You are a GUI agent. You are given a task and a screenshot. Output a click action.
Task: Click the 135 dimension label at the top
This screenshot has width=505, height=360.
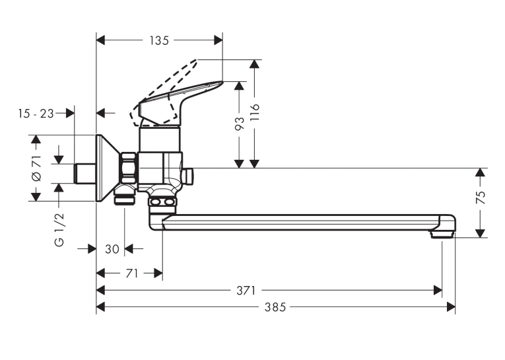159,40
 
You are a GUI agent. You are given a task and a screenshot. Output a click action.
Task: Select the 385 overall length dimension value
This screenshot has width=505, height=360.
275,307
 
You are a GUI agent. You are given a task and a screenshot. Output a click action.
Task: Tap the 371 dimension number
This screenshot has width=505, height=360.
246,291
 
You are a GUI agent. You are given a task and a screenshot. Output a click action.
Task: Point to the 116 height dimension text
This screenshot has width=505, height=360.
255,112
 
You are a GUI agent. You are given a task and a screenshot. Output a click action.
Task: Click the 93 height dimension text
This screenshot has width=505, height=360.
240,123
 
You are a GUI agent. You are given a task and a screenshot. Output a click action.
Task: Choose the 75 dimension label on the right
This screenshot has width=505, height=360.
480,198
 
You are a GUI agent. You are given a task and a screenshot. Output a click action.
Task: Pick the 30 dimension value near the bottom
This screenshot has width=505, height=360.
112,249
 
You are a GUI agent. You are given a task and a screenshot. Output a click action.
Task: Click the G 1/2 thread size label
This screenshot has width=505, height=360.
59,229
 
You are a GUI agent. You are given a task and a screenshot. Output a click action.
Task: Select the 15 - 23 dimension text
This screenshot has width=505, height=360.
36,114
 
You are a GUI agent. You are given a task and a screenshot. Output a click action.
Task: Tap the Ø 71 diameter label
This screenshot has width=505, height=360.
37,168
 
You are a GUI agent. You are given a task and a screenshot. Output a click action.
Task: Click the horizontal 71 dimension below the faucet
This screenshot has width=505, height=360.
132,273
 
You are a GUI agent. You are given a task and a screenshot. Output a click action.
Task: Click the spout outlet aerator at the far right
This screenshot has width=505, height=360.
442,234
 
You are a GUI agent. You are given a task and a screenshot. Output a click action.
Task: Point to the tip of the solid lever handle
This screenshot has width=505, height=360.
222,82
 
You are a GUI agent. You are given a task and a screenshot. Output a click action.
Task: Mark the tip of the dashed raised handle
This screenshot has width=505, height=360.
197,60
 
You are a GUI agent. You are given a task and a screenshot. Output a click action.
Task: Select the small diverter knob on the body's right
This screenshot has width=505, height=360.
187,176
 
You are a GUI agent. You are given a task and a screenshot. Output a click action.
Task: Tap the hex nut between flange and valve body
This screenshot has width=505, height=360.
129,168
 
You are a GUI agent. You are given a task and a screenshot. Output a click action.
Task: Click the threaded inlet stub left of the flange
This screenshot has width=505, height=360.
85,173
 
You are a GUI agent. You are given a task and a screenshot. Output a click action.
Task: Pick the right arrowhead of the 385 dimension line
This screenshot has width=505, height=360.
451,306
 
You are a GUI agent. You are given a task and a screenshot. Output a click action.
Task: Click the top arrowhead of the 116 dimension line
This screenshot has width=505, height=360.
254,64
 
